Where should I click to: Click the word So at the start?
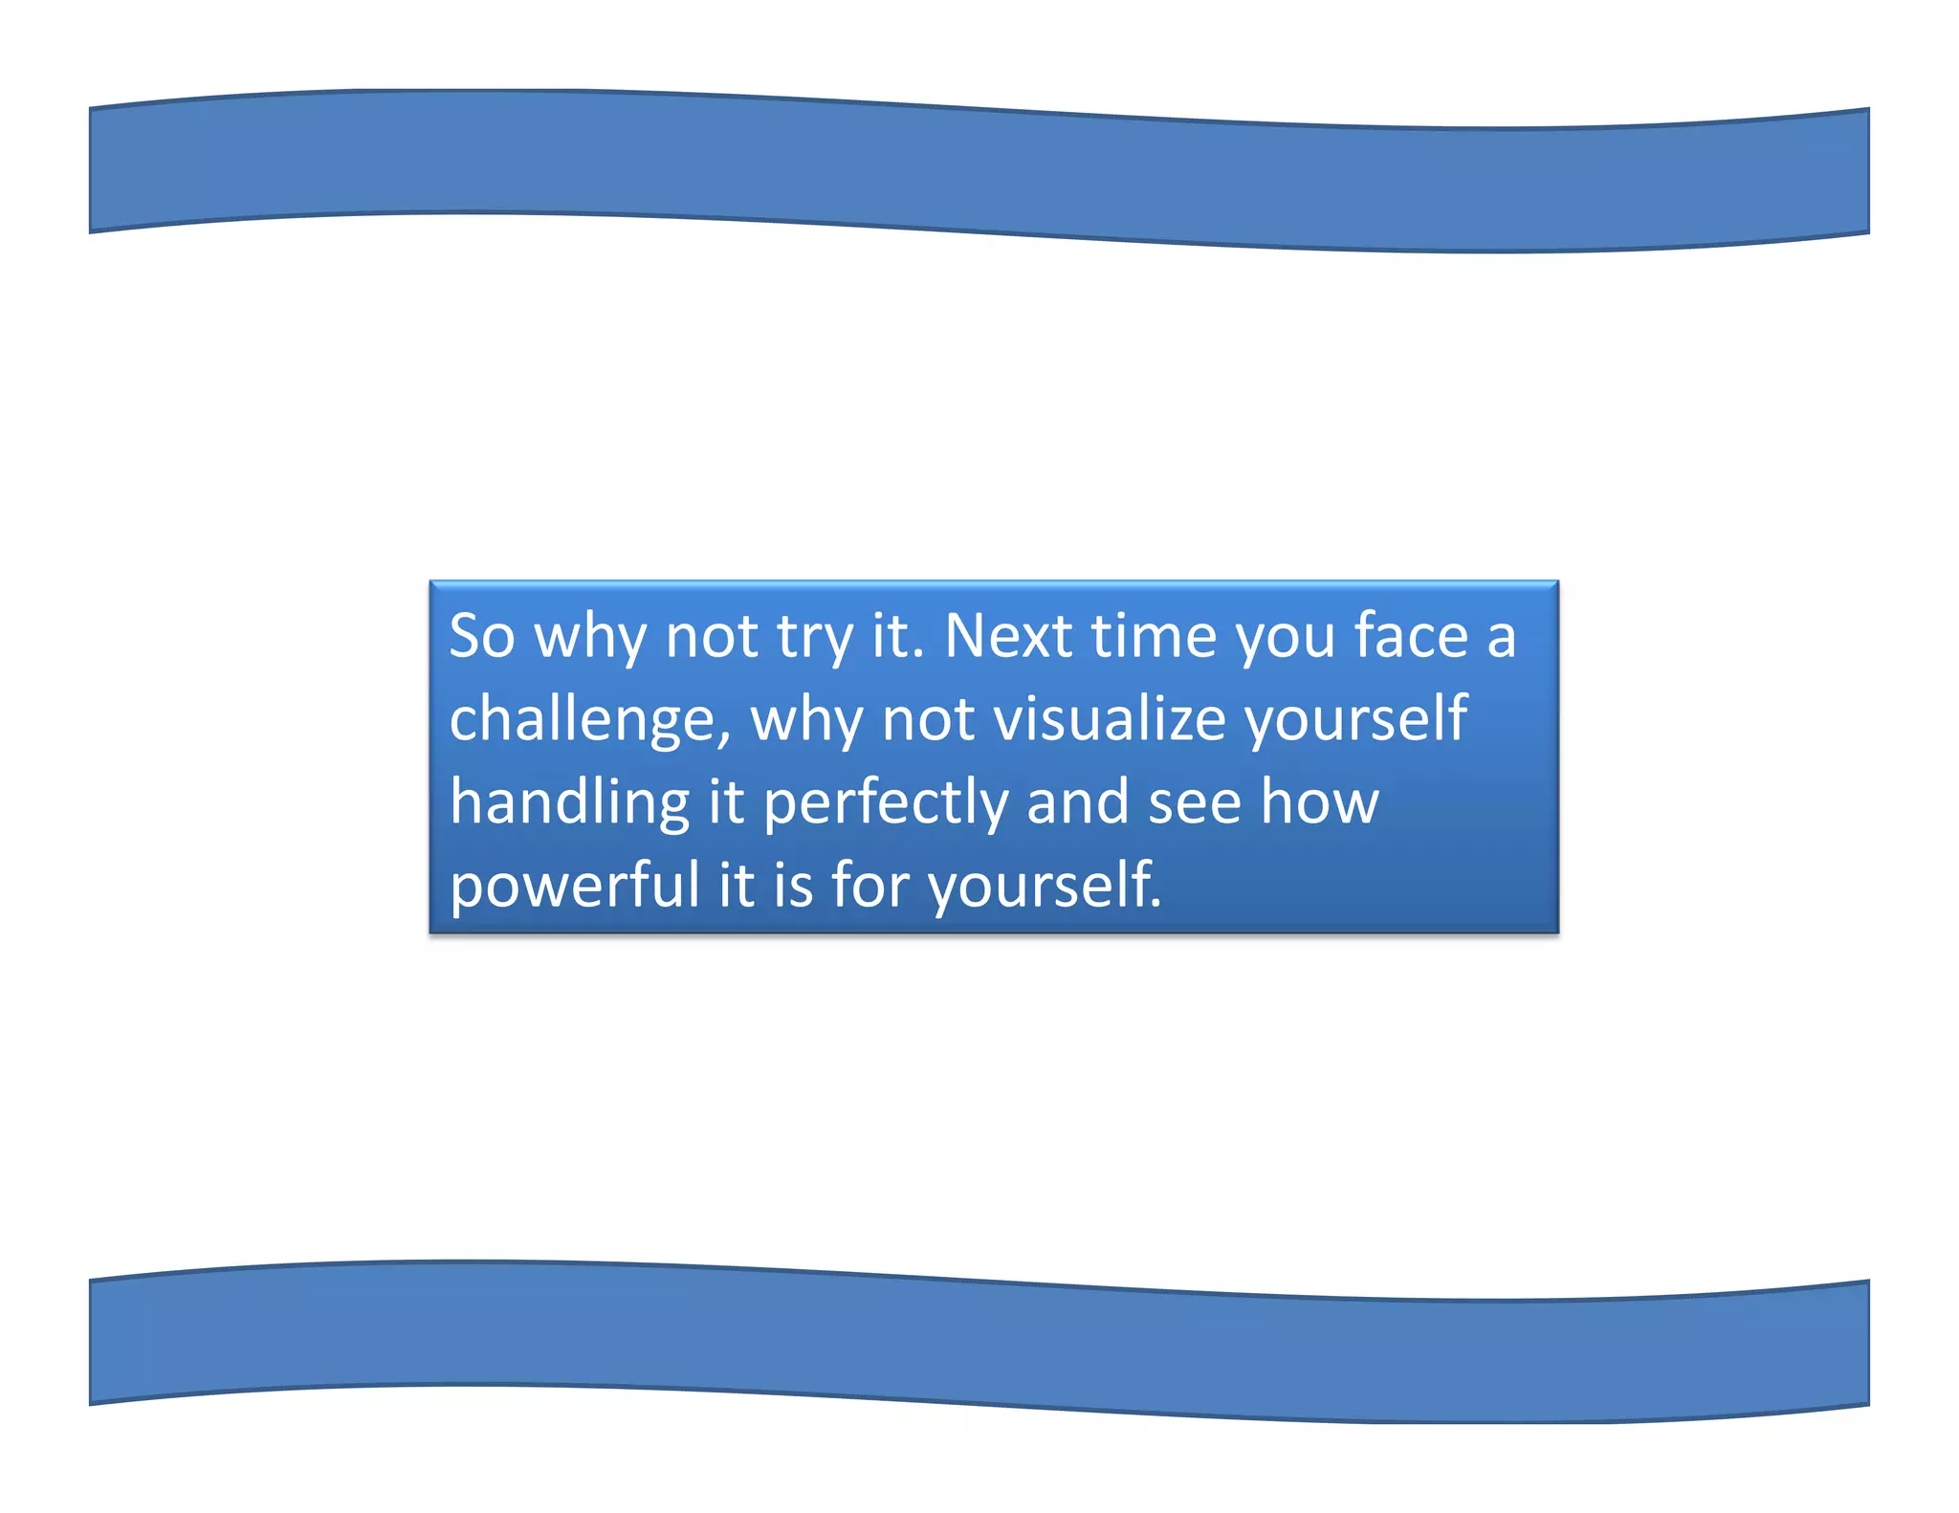coord(482,636)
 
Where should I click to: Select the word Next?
coord(1007,636)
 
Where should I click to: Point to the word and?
coord(1077,801)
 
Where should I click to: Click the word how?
coord(1319,801)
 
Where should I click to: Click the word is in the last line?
coord(793,885)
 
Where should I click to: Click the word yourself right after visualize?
coord(1356,720)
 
